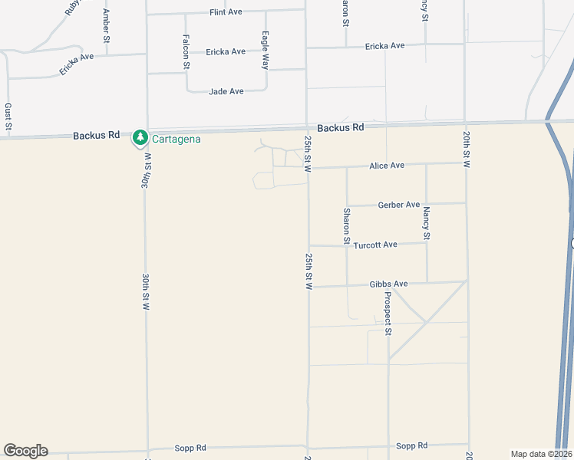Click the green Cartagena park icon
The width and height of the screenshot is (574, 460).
140,138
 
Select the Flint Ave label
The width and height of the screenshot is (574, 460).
226,12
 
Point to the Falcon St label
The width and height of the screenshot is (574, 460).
186,52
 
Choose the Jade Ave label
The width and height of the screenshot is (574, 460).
226,91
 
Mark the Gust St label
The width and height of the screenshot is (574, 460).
8,118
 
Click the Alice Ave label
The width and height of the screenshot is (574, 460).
387,166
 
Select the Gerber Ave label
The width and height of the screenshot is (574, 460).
399,205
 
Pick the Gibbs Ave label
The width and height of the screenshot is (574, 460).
388,284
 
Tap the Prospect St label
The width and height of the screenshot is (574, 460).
388,314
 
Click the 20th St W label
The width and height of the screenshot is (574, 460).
466,149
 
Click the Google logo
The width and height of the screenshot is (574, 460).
25,451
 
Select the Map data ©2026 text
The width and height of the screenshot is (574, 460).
541,454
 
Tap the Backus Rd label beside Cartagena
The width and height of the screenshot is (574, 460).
97,136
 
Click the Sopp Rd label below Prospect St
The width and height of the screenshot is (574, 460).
410,445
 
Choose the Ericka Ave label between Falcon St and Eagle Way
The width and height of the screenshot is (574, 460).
226,52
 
